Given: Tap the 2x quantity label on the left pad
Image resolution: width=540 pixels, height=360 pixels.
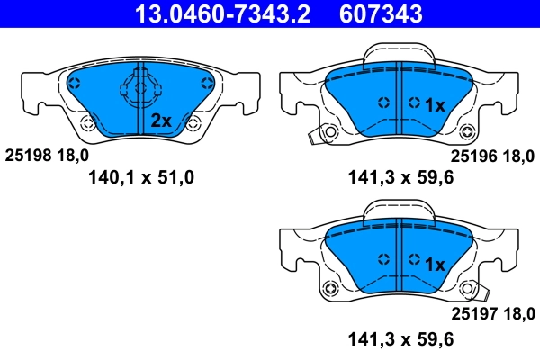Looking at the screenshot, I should coord(161,121).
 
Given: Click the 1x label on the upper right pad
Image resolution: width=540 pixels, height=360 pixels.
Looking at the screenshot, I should coord(435,105).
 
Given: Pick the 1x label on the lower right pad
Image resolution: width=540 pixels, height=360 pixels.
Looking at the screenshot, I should coord(435,265).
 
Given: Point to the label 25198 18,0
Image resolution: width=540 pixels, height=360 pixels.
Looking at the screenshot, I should coord(48,155).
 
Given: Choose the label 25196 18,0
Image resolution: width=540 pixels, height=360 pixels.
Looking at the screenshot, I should coord(492,155).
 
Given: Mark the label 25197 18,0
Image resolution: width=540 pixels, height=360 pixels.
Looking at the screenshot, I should coord(492,313).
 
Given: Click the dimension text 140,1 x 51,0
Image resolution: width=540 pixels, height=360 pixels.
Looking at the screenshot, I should coord(141,177).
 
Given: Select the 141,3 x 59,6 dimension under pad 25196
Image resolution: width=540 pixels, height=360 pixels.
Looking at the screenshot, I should coord(399,177).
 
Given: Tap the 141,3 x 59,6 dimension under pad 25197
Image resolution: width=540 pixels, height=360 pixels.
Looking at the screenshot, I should coord(399,339).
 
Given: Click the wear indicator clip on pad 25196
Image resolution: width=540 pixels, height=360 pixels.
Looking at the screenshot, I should coord(315,135).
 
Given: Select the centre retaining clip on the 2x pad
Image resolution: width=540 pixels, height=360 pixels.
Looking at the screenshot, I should coord(134,90).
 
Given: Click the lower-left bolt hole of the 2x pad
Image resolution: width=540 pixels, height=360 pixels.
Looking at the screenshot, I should coord(86,124).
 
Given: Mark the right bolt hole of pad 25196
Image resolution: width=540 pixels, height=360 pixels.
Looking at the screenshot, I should coord(467,130).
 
